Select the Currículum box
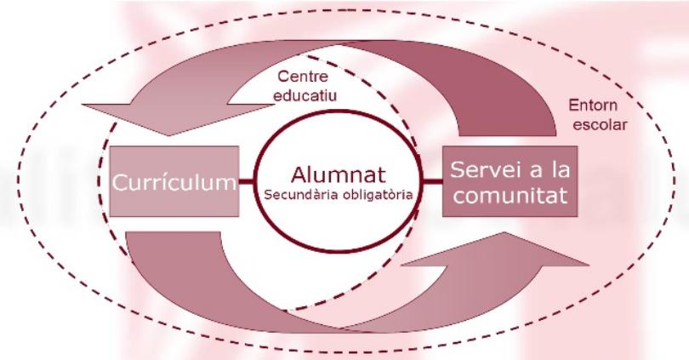coord(174,181)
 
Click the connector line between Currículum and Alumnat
coord(248,181)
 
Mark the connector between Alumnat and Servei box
coord(433,180)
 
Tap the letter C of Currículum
coord(120,182)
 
